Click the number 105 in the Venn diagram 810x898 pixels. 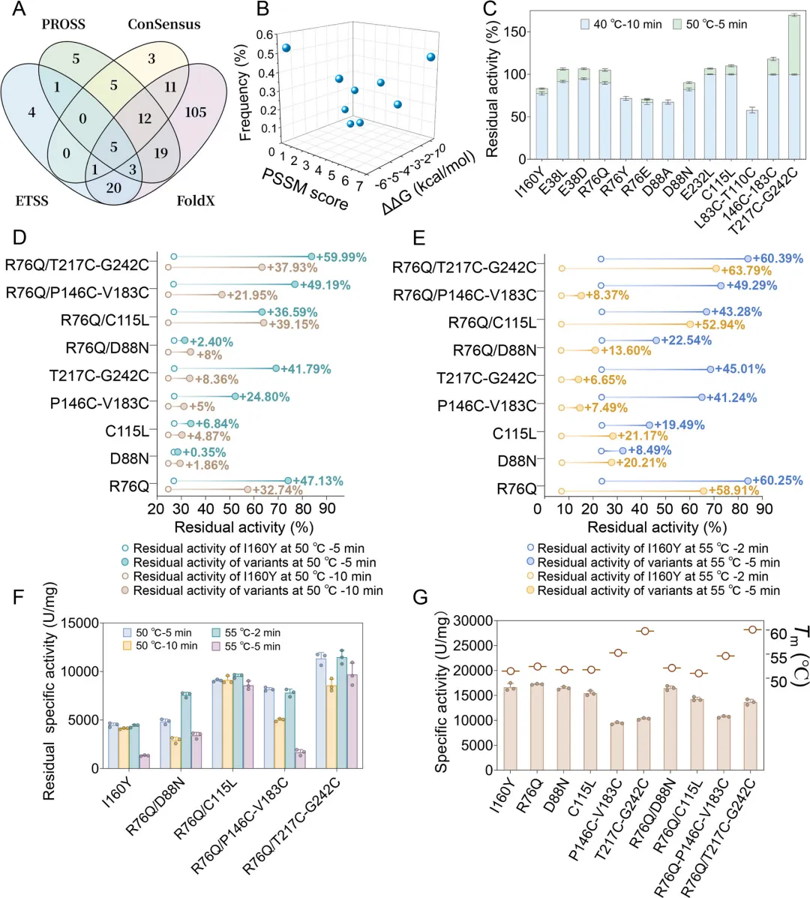195,113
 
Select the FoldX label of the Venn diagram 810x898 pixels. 196,201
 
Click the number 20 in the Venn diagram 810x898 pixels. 114,188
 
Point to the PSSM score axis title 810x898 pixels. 304,189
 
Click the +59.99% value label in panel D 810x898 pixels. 341,257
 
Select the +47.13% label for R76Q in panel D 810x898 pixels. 318,481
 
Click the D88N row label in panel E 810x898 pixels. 517,461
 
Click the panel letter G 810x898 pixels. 421,598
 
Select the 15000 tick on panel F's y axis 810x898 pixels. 79,623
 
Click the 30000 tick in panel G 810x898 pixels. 471,621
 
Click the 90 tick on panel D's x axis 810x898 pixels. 327,509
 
